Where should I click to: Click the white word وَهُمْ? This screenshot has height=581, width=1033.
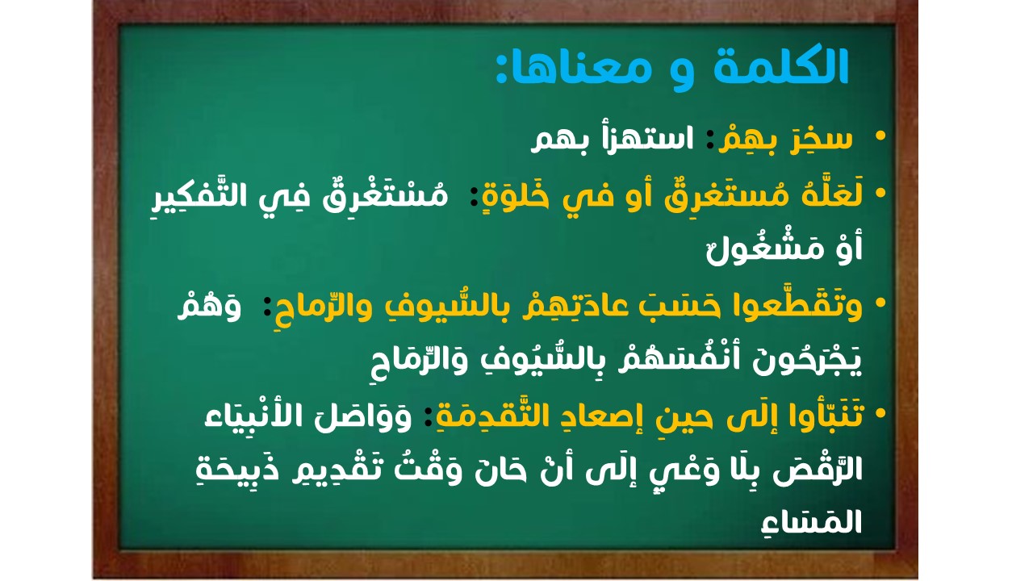coord(210,307)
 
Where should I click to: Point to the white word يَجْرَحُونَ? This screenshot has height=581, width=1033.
coord(807,359)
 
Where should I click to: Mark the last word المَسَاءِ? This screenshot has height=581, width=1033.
coord(812,523)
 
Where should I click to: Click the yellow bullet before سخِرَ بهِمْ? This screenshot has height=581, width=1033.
coord(880,136)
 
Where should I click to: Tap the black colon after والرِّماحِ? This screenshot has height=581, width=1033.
coord(266,306)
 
